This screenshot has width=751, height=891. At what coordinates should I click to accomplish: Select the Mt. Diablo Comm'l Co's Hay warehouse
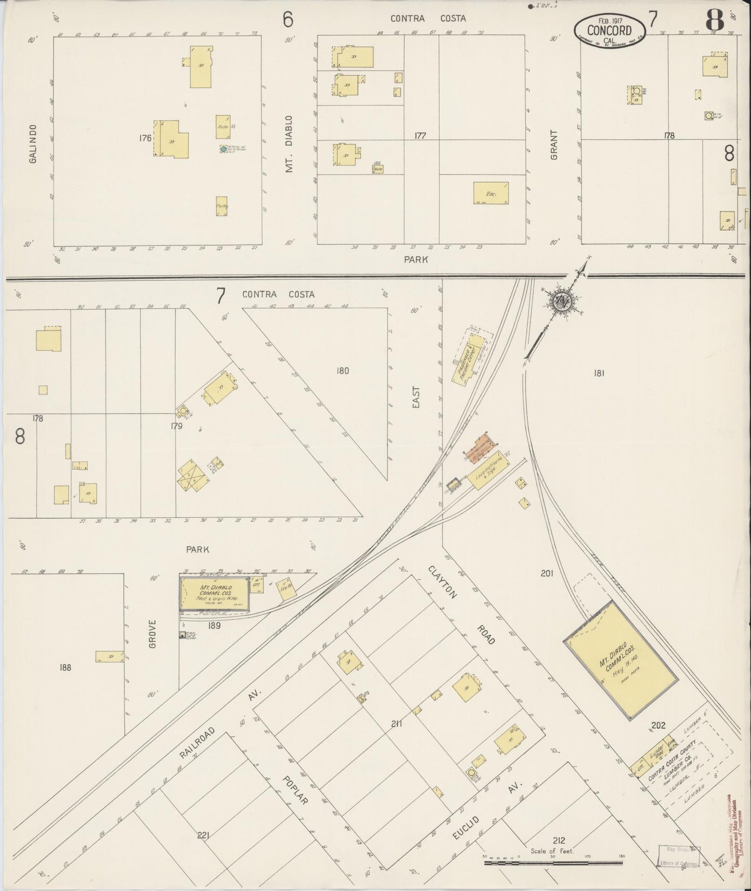[621, 660]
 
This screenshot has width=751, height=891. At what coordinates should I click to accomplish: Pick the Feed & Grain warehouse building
[215, 593]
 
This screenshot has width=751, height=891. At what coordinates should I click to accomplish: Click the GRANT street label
[554, 145]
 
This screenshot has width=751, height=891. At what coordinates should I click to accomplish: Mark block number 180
[342, 371]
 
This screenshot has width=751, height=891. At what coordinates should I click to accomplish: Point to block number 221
[203, 835]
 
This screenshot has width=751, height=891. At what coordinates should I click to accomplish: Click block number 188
[65, 667]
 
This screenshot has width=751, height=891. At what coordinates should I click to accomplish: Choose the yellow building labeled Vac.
[491, 193]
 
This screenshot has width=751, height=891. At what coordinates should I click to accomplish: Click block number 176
[145, 138]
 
